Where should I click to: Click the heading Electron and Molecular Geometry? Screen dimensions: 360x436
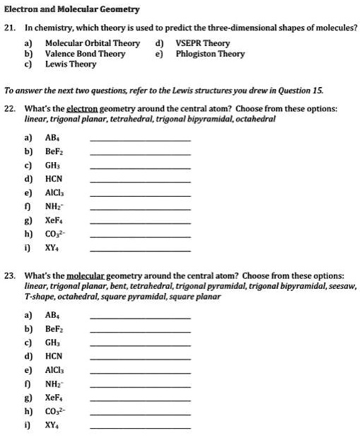click(72, 9)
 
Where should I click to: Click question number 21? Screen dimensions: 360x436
click(10, 28)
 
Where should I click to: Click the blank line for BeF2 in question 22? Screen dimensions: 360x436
click(141, 156)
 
